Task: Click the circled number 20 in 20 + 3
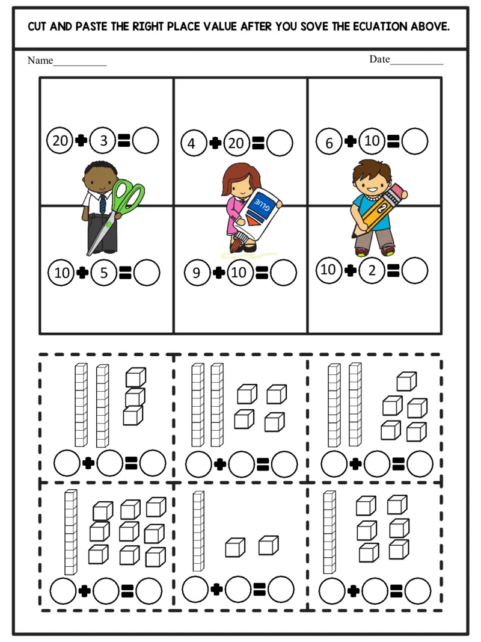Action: (x=60, y=141)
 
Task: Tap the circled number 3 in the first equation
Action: (x=103, y=141)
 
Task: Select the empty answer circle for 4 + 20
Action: (x=280, y=143)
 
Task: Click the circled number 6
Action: (x=329, y=143)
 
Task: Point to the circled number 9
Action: (x=197, y=273)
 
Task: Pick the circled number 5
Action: (x=103, y=273)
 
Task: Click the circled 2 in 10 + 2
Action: (x=372, y=270)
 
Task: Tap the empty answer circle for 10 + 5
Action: (x=147, y=273)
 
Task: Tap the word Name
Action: (x=40, y=61)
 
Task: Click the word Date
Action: (x=379, y=59)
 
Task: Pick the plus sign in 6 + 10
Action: (x=351, y=142)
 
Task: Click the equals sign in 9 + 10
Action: (x=262, y=273)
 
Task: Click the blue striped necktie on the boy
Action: (x=103, y=203)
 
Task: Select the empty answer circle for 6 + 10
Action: (x=415, y=142)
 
